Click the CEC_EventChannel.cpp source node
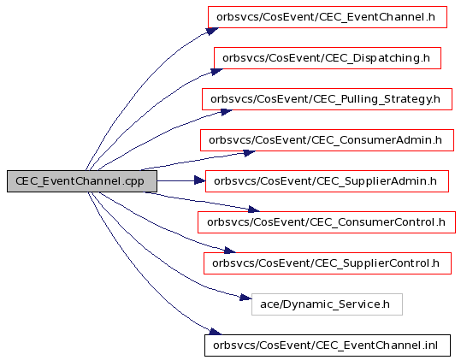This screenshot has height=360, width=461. tap(82, 181)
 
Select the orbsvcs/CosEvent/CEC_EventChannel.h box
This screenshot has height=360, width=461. tap(328, 17)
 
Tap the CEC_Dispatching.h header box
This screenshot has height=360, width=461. tap(328, 58)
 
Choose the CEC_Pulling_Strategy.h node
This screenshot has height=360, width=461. tap(327, 99)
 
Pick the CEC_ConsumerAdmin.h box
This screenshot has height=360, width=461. tap(327, 140)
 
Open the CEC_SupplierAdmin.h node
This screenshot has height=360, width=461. tap(327, 181)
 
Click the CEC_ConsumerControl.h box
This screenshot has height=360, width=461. tap(327, 222)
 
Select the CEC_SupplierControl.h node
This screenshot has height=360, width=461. tap(328, 263)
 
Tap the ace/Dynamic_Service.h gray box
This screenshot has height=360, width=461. tap(327, 304)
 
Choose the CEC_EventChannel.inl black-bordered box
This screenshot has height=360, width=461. tap(328, 345)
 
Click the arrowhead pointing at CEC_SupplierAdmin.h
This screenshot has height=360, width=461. tap(200, 180)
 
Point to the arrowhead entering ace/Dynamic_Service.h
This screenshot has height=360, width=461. tap(245, 298)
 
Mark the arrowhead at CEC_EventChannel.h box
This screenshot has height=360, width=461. tap(212, 31)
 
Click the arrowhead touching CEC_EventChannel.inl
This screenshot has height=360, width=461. tap(215, 332)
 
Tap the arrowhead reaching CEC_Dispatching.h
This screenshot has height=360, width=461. tap(216, 72)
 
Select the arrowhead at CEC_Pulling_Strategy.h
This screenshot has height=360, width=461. tap(227, 112)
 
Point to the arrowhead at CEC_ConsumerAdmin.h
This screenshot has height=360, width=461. tap(250, 153)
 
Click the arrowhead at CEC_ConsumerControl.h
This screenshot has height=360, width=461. tap(253, 209)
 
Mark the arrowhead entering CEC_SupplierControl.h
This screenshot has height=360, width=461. tap(229, 251)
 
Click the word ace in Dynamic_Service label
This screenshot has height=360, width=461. tap(266, 304)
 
